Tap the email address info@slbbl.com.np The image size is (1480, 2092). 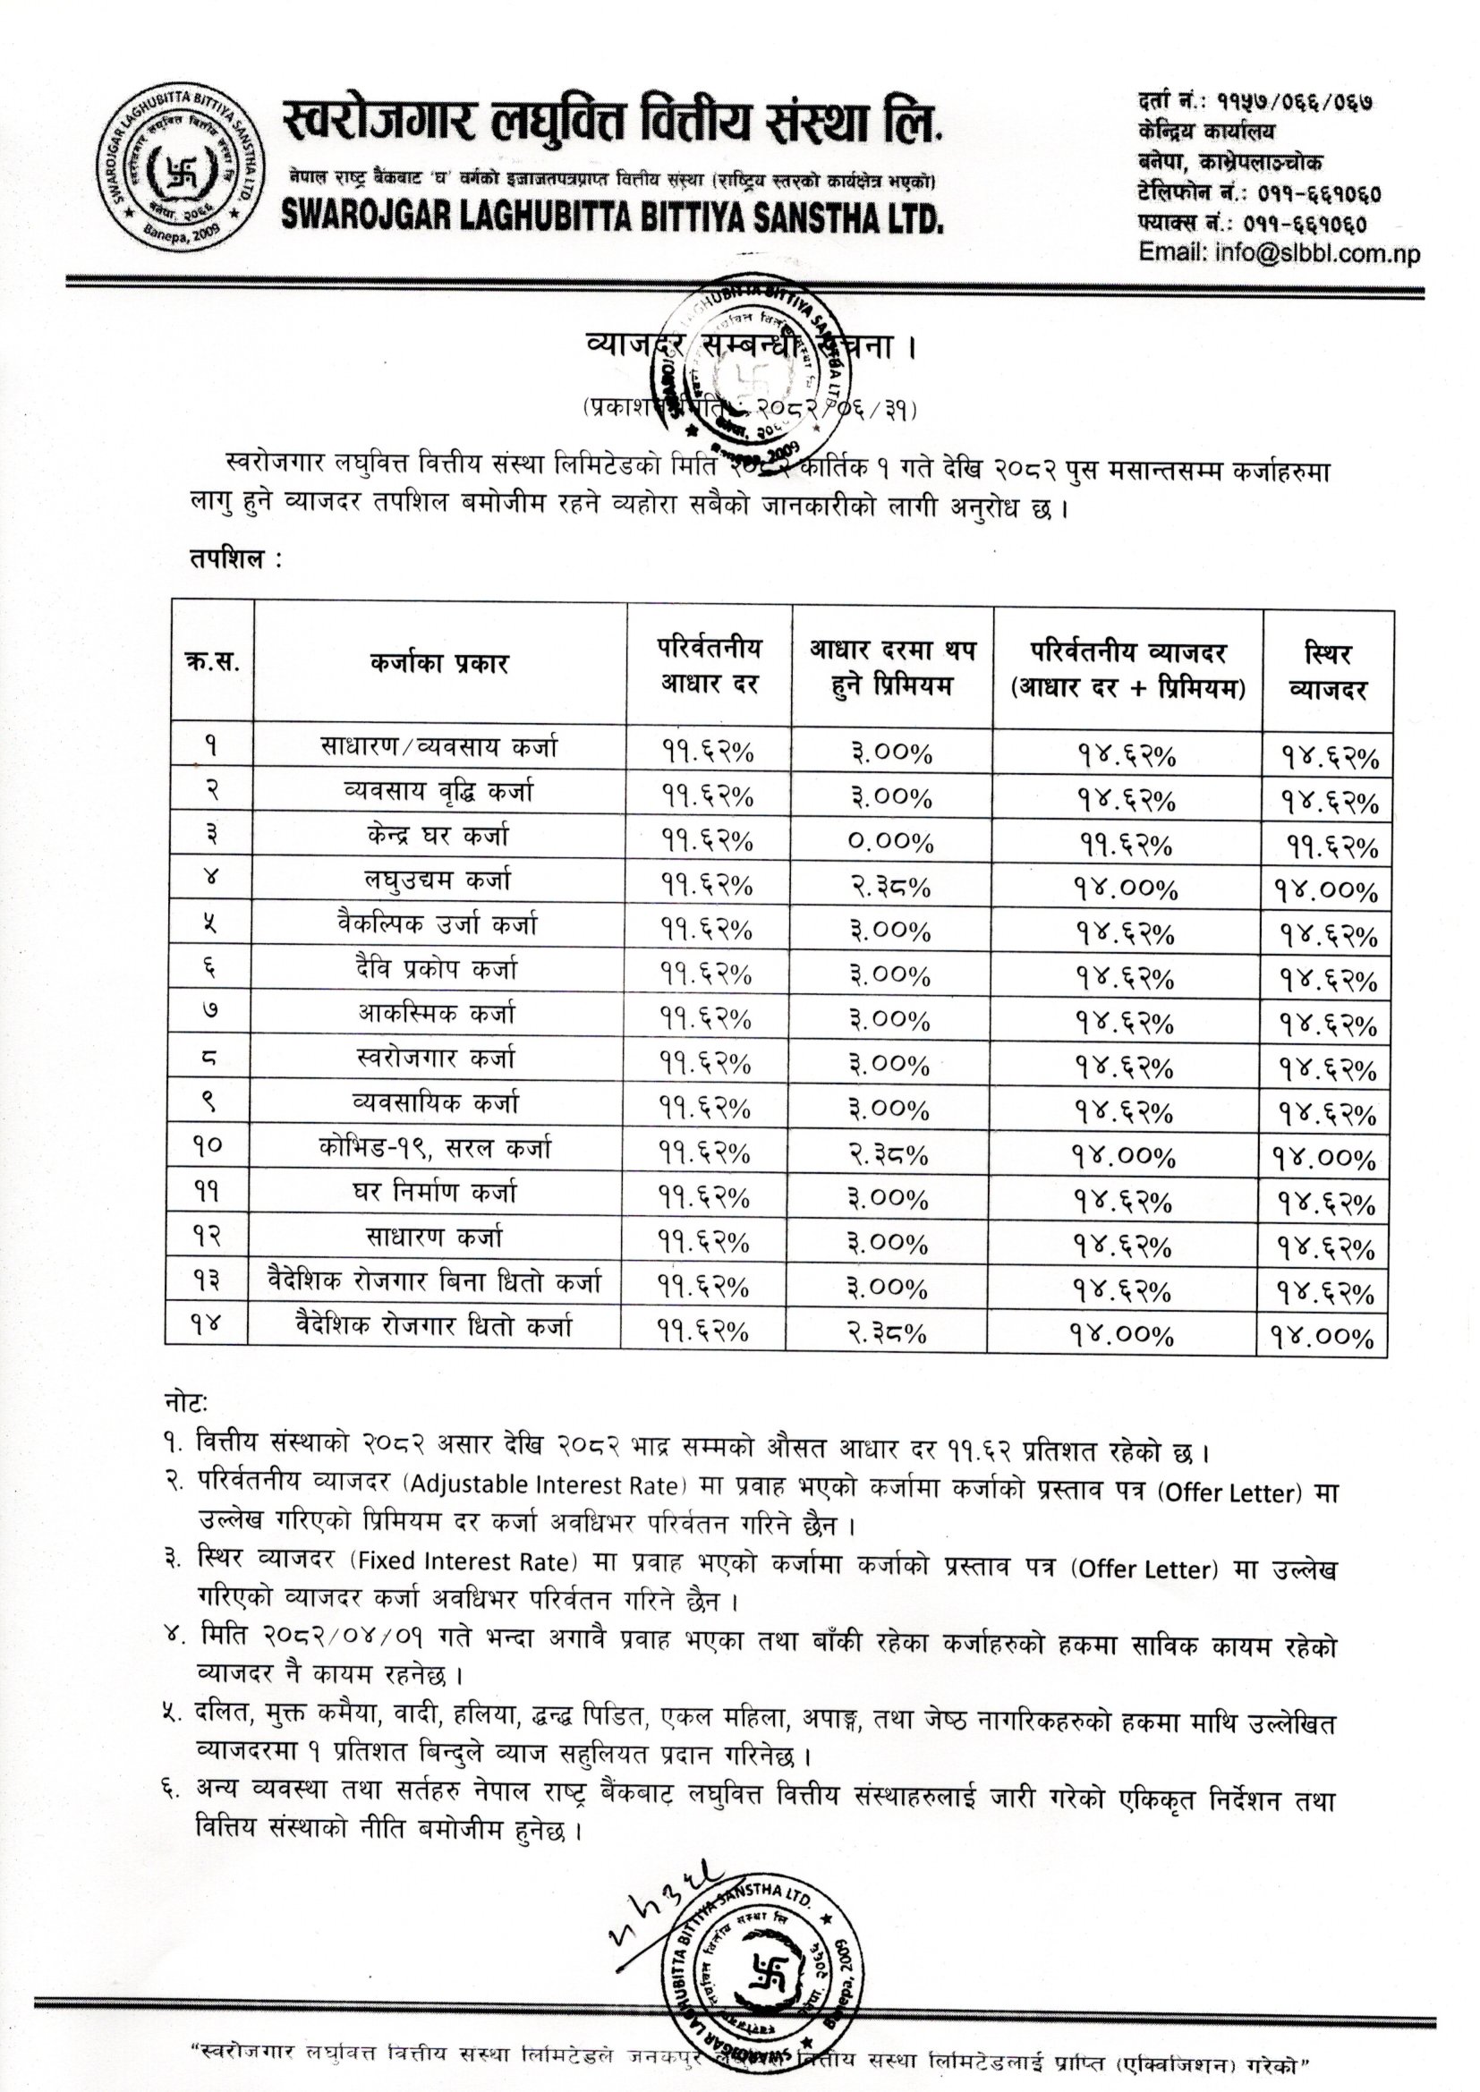[1279, 254]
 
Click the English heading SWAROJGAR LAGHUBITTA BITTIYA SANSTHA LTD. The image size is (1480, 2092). [612, 216]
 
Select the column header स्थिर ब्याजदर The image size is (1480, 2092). [1327, 671]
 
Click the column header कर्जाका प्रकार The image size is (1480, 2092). [439, 662]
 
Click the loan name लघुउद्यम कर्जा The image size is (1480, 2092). [438, 880]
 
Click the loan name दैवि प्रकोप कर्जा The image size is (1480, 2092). [438, 969]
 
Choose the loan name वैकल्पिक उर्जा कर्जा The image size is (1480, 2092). [437, 925]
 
